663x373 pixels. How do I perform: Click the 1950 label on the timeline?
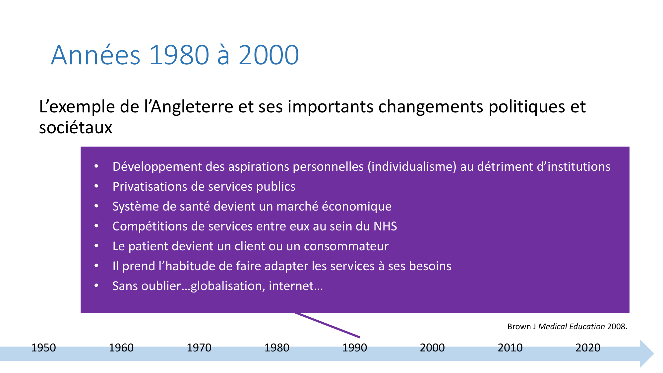[43, 347]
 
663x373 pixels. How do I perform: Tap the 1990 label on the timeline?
[354, 347]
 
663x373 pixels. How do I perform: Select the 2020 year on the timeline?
[588, 347]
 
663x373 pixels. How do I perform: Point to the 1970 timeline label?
[199, 347]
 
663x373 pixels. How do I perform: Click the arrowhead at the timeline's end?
[647, 353]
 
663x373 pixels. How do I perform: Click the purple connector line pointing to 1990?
[328, 325]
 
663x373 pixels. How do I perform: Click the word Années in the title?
[96, 55]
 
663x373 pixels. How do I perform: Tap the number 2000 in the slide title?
[269, 55]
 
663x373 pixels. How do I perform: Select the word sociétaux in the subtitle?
[76, 128]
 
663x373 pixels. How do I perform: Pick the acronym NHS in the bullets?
[385, 226]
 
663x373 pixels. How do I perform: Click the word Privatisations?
[151, 187]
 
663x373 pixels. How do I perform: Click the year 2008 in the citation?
[617, 327]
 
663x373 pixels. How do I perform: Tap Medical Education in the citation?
[572, 327]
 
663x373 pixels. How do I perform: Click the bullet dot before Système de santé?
[96, 206]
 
